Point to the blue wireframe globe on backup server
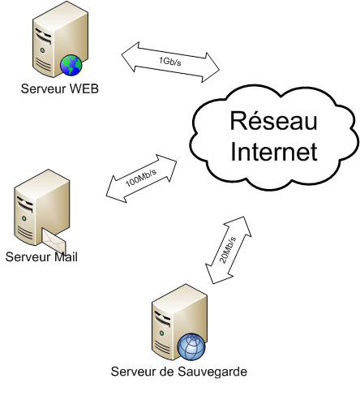point(191,346)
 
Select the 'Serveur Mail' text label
point(40,258)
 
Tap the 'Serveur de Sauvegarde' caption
point(178,372)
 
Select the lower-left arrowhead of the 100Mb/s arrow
point(113,194)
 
